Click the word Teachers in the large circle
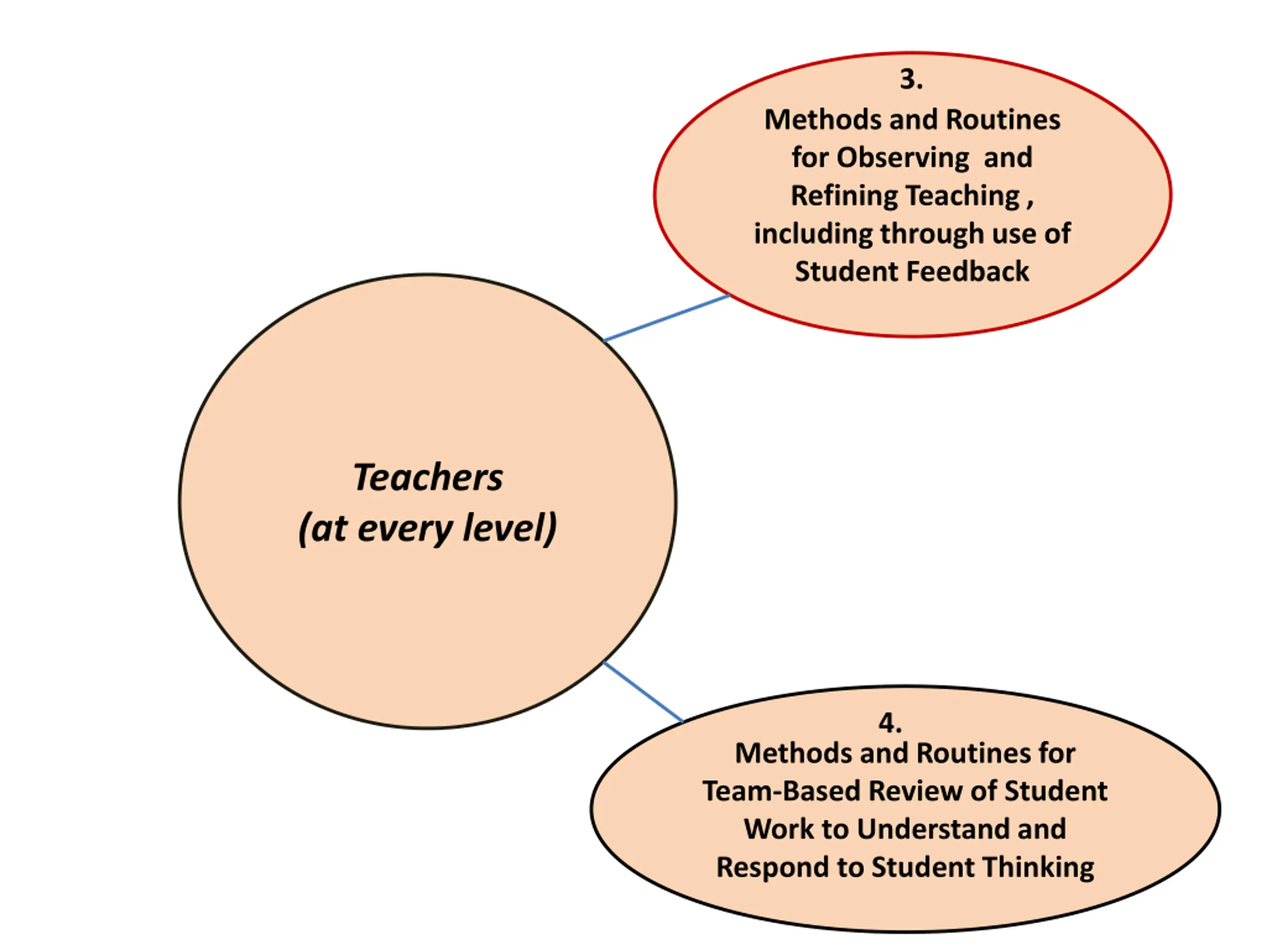coord(428,477)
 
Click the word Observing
coord(903,157)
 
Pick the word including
coord(813,234)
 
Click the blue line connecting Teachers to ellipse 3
coord(667,318)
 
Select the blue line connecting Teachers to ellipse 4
coord(643,692)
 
